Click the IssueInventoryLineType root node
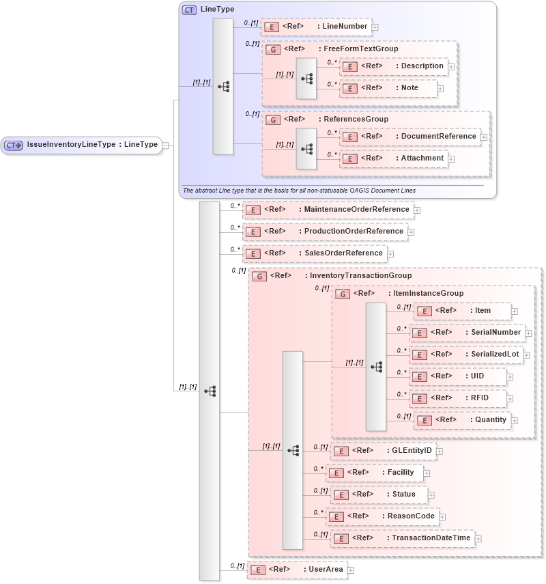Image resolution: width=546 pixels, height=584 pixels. pos(82,145)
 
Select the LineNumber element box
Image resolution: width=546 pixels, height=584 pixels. pos(316,27)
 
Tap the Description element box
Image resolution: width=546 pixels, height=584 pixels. pos(394,66)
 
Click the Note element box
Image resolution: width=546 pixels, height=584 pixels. pos(388,88)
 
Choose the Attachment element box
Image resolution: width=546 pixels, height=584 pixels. pos(394,158)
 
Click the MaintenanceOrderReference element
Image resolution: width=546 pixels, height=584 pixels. pos(328,210)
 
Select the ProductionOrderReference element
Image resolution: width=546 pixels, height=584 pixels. pos(326,232)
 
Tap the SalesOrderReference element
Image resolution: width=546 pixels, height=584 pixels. pos(315,253)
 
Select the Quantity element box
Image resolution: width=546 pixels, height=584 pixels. pos(463,419)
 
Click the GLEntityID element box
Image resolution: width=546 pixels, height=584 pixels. pos(383,451)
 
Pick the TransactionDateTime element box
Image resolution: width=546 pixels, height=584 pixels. pos(403,538)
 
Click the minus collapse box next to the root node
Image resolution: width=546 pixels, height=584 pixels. pos(166,145)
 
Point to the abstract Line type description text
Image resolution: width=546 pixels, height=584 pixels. pos(300,190)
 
